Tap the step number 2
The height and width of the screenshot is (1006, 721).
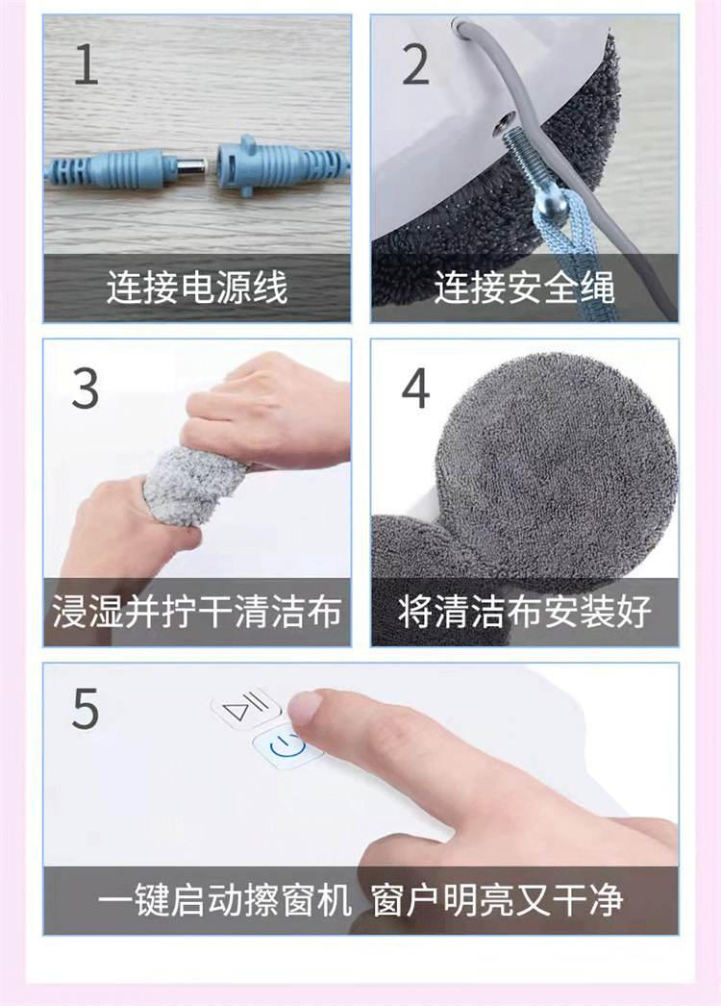pos(415,64)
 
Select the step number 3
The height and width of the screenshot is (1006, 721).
pos(86,389)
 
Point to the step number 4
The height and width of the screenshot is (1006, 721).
pos(415,389)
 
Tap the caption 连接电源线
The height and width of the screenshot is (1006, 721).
pos(197,287)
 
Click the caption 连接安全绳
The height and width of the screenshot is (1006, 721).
pos(525,287)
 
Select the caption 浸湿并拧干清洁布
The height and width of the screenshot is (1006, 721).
pos(197,611)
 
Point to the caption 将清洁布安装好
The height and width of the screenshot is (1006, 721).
pos(525,611)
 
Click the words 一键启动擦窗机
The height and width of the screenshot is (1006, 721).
pos(225,899)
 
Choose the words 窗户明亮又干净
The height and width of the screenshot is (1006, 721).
pos(498,899)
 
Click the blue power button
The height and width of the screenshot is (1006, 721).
pos(286,746)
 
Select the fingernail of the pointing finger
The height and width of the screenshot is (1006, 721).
pos(305,704)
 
